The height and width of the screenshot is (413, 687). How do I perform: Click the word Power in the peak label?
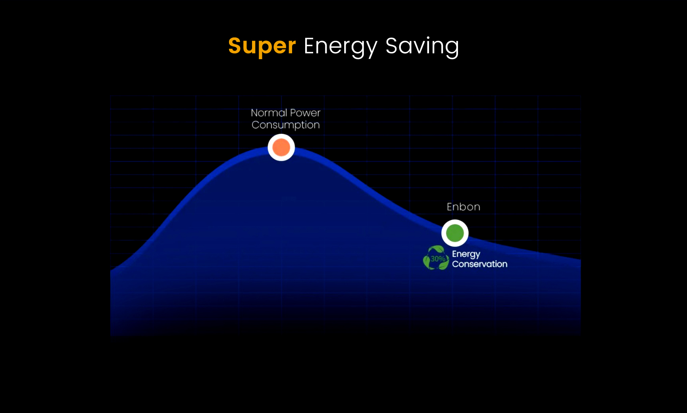(x=305, y=113)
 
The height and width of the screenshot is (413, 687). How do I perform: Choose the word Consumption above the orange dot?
(x=286, y=125)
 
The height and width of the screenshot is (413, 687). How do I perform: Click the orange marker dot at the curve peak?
(x=281, y=147)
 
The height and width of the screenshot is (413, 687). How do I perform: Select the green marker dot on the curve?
(x=455, y=233)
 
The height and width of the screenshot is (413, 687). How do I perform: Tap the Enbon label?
(x=464, y=207)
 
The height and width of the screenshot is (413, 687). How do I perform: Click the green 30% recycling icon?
(x=436, y=258)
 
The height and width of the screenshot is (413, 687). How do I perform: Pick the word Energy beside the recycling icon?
(x=466, y=254)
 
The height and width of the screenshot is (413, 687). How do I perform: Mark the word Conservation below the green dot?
(x=479, y=264)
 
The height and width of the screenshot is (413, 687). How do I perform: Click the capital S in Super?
(x=235, y=46)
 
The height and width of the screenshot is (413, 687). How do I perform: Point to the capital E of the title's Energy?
(x=310, y=46)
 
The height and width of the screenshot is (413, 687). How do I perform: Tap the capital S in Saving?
(x=392, y=46)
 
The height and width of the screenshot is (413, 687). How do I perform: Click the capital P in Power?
(x=293, y=113)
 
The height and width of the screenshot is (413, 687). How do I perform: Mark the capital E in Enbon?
(x=450, y=207)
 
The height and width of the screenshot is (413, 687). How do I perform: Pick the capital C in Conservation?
(x=456, y=264)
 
